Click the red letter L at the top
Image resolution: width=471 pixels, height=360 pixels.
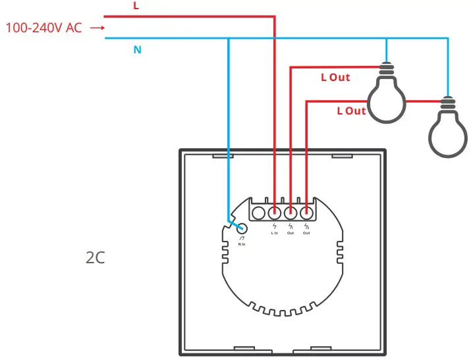136,6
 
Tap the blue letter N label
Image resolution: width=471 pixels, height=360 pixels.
138,49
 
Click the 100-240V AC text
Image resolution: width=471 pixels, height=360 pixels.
43,28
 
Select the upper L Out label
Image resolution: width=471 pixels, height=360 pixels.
335,77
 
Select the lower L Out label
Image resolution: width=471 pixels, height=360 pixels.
351,111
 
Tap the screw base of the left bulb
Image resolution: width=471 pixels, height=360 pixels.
386,68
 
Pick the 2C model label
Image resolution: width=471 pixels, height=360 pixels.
95,257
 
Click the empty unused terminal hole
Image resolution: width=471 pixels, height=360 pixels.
259,213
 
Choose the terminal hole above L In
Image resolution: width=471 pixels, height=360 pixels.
275,213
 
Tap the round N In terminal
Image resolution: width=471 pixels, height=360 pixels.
242,229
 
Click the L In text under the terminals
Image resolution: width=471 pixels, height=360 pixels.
275,234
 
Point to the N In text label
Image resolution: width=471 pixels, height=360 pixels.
242,245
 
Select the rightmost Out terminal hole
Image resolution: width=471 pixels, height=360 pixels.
306,213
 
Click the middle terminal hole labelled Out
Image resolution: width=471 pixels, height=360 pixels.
291,213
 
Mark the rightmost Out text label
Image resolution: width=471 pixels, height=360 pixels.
306,234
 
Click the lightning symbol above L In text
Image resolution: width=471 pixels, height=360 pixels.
275,226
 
